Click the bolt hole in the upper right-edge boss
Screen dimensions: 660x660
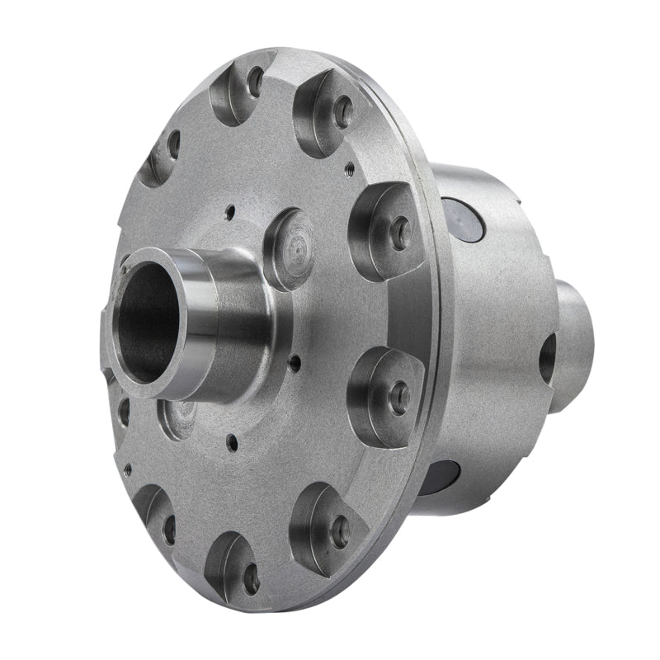(401, 233)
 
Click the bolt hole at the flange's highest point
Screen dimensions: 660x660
(256, 82)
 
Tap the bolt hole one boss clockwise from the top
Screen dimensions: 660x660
(342, 112)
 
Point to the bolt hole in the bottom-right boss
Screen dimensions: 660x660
(340, 532)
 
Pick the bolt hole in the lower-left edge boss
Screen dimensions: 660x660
(170, 529)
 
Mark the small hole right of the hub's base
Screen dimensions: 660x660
(295, 360)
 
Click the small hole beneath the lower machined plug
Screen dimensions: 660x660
(233, 443)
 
